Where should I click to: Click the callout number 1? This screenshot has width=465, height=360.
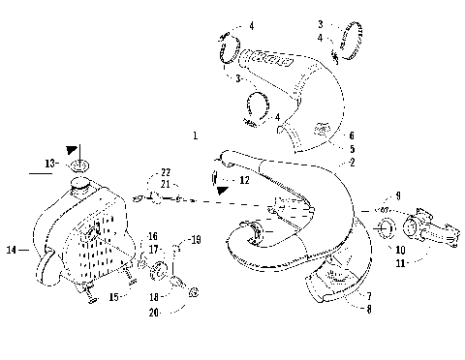click(195, 135)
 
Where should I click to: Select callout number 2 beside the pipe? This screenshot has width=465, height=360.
click(352, 163)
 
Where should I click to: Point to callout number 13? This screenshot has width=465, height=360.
click(48, 164)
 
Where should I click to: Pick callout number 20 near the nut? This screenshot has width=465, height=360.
click(155, 312)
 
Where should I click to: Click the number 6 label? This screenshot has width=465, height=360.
click(352, 136)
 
